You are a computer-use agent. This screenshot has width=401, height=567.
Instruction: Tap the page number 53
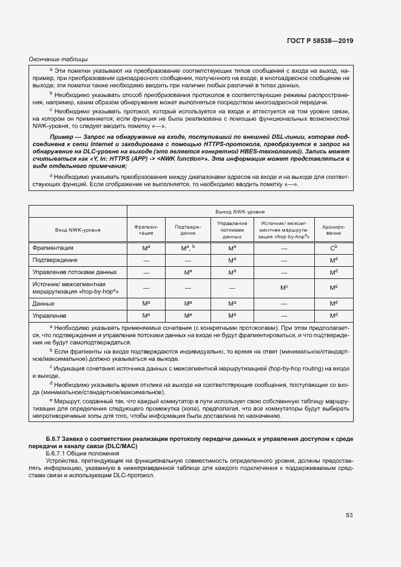point(349,515)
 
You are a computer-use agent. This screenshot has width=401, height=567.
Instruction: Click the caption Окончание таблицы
point(58,59)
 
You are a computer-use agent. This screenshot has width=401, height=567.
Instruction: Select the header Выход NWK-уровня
point(240,212)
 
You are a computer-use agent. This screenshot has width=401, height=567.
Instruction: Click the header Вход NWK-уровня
point(78,230)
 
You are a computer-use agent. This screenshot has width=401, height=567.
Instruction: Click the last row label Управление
point(50,316)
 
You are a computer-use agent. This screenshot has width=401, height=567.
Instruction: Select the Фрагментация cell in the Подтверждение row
point(146,260)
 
